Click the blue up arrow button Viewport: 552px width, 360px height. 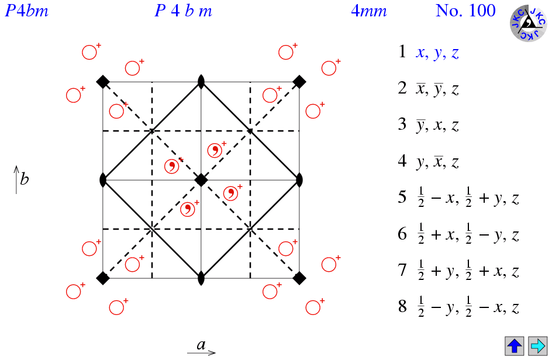coord(515,345)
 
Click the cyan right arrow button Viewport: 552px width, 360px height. coord(537,345)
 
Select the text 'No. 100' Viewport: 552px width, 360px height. coord(465,11)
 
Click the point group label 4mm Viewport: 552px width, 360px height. coord(369,11)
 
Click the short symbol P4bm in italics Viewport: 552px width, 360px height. coord(27,11)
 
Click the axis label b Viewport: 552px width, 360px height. coord(24,179)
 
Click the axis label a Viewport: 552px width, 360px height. coord(201,345)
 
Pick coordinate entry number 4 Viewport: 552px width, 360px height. coord(429,162)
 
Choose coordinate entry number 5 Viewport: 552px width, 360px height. coord(458,198)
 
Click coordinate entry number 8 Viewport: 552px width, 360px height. coord(458,307)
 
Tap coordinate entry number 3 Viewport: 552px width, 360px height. coord(429,125)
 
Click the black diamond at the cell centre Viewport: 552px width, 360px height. coord(201,180)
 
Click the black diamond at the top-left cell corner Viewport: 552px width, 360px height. coord(103,82)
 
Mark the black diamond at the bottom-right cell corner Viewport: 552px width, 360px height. coord(299,278)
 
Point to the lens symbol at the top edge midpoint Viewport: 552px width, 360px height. coord(201,82)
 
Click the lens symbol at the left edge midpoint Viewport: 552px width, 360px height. coord(103,180)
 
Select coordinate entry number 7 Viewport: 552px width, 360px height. coord(458,271)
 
